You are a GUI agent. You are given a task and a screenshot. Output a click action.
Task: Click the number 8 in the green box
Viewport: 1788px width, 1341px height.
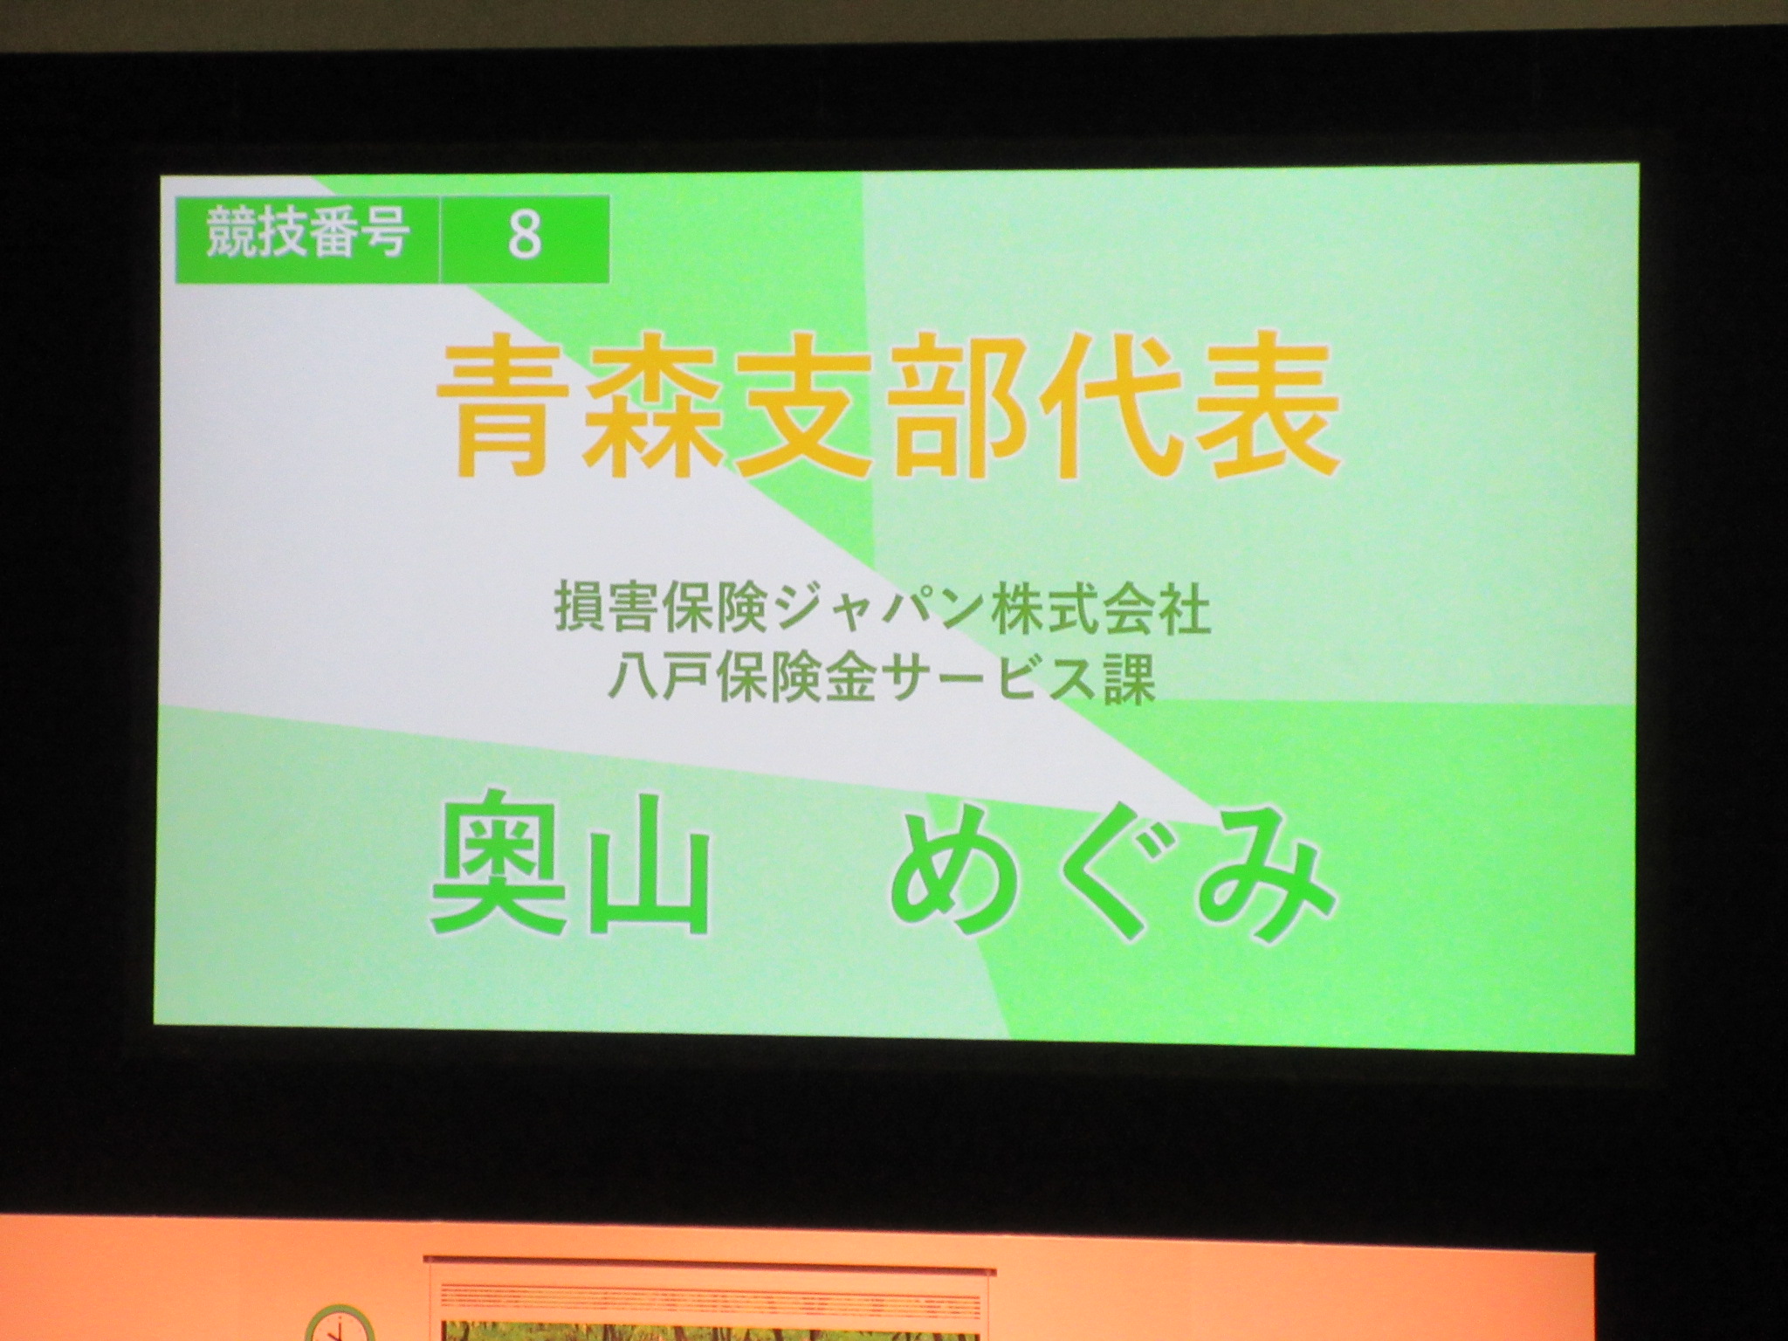pos(524,233)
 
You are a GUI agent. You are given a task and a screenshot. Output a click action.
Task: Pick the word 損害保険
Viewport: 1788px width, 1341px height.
pos(662,612)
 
